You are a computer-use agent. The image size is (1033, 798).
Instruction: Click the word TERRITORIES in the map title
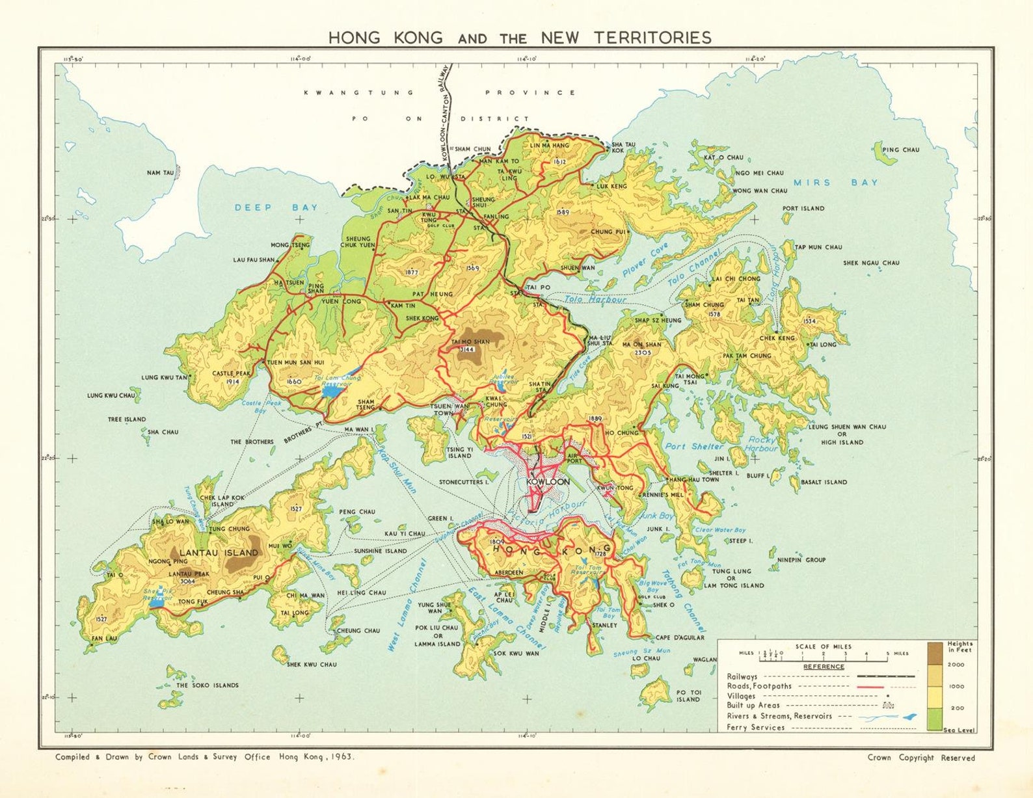click(652, 38)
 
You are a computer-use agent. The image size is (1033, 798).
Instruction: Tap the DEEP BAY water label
click(276, 207)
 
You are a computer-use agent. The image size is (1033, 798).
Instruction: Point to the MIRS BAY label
click(836, 183)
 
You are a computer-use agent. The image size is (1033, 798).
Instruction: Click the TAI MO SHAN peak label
click(470, 341)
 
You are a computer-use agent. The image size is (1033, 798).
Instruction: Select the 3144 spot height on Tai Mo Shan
click(467, 349)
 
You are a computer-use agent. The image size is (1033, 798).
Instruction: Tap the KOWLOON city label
click(548, 482)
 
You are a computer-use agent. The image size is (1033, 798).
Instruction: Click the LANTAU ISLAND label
click(219, 553)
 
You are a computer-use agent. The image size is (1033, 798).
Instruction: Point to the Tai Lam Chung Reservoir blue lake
click(331, 392)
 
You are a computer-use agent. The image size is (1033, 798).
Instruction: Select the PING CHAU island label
click(901, 150)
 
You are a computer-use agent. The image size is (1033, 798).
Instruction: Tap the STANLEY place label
click(604, 625)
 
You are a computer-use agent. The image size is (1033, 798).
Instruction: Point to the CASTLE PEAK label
click(232, 373)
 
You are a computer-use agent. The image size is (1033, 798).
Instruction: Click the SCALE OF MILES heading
click(823, 646)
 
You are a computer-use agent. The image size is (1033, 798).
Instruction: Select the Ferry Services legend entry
click(756, 727)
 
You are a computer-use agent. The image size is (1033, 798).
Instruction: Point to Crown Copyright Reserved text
click(920, 758)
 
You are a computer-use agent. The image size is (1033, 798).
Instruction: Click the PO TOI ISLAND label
click(688, 696)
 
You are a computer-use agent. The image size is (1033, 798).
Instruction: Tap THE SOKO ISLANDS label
click(208, 685)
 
